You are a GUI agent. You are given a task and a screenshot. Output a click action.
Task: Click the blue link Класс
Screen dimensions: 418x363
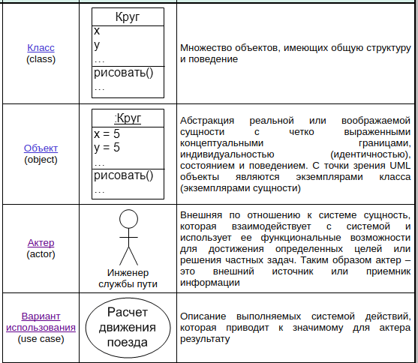[x=41, y=48]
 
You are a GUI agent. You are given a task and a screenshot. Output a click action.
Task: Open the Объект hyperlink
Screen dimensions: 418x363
[x=41, y=148]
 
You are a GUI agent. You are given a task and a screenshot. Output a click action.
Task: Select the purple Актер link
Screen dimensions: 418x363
[x=41, y=243]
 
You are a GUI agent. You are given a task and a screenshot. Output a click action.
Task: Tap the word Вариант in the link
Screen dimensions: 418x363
[x=41, y=316]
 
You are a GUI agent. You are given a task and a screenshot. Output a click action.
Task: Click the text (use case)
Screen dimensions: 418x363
[x=41, y=339]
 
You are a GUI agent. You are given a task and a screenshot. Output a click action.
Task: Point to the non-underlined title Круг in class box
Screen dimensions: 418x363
[x=128, y=17]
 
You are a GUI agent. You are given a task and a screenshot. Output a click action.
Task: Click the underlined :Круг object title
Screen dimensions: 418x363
[x=128, y=118]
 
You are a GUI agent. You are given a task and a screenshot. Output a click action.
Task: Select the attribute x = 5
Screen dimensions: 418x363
[x=107, y=133]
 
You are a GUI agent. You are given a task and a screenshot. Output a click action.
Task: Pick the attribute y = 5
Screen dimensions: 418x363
[x=107, y=148]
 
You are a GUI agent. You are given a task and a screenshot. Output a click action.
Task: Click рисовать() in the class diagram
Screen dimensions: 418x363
[x=123, y=73]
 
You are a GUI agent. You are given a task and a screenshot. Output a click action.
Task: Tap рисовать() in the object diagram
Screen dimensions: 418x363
[x=123, y=175]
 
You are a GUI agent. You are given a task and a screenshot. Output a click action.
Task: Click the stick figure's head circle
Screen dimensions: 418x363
[x=128, y=219]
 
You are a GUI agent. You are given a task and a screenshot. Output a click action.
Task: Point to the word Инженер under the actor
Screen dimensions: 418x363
[x=128, y=273]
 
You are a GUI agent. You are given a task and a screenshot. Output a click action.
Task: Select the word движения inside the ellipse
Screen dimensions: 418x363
[x=128, y=328]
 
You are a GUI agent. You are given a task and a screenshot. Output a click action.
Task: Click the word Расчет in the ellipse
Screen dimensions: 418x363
[x=128, y=312]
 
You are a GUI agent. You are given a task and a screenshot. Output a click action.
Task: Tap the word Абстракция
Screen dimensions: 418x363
[x=207, y=121]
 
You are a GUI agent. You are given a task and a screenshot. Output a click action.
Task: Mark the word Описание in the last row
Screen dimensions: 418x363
[x=203, y=316]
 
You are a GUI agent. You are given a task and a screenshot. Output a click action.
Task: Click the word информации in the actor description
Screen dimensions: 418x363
[x=210, y=283]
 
